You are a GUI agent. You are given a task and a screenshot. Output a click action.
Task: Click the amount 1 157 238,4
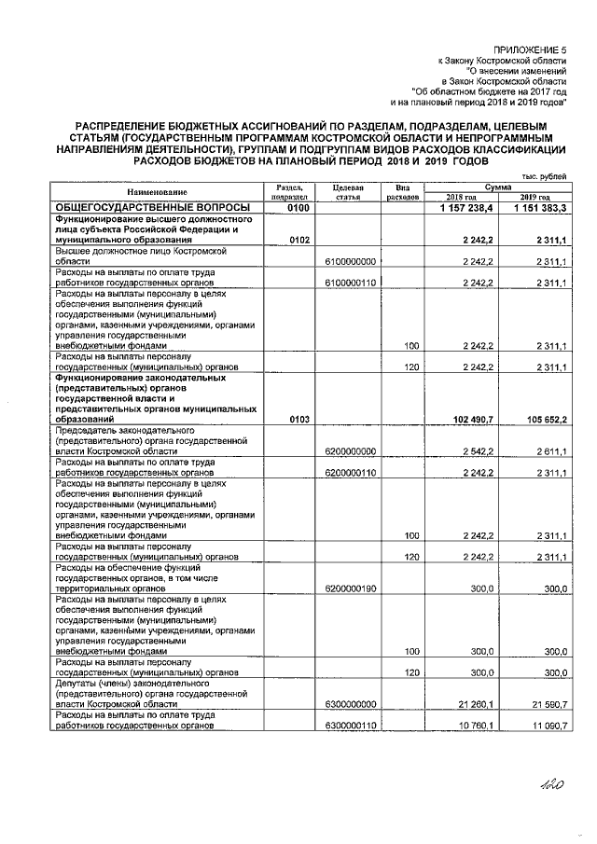click(463, 207)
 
